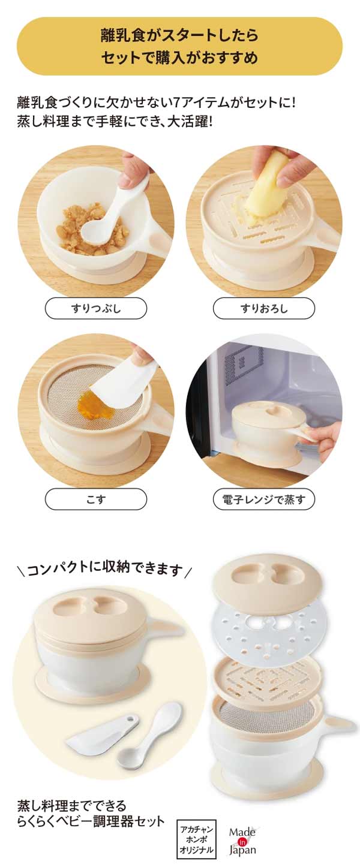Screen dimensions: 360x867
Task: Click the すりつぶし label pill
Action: click(x=96, y=308)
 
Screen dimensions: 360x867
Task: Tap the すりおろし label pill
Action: click(x=264, y=308)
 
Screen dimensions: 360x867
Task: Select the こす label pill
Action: click(x=96, y=499)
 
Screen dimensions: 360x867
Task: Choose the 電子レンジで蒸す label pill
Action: click(x=264, y=499)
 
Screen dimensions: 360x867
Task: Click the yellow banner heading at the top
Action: click(x=180, y=46)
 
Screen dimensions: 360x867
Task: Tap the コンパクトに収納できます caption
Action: click(x=105, y=570)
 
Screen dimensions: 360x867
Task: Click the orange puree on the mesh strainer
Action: click(x=91, y=407)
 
